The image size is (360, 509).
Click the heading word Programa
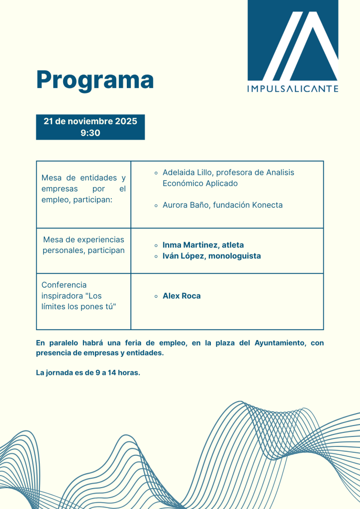95,80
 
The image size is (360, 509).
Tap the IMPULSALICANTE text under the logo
293,89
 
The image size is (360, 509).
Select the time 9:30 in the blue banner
90,133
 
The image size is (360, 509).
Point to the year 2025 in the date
126,121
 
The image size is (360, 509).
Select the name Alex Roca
181,296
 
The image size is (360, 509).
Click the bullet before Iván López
156,256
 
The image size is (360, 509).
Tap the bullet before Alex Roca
156,296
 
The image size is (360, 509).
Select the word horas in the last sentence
129,373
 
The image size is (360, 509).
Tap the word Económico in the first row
182,183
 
